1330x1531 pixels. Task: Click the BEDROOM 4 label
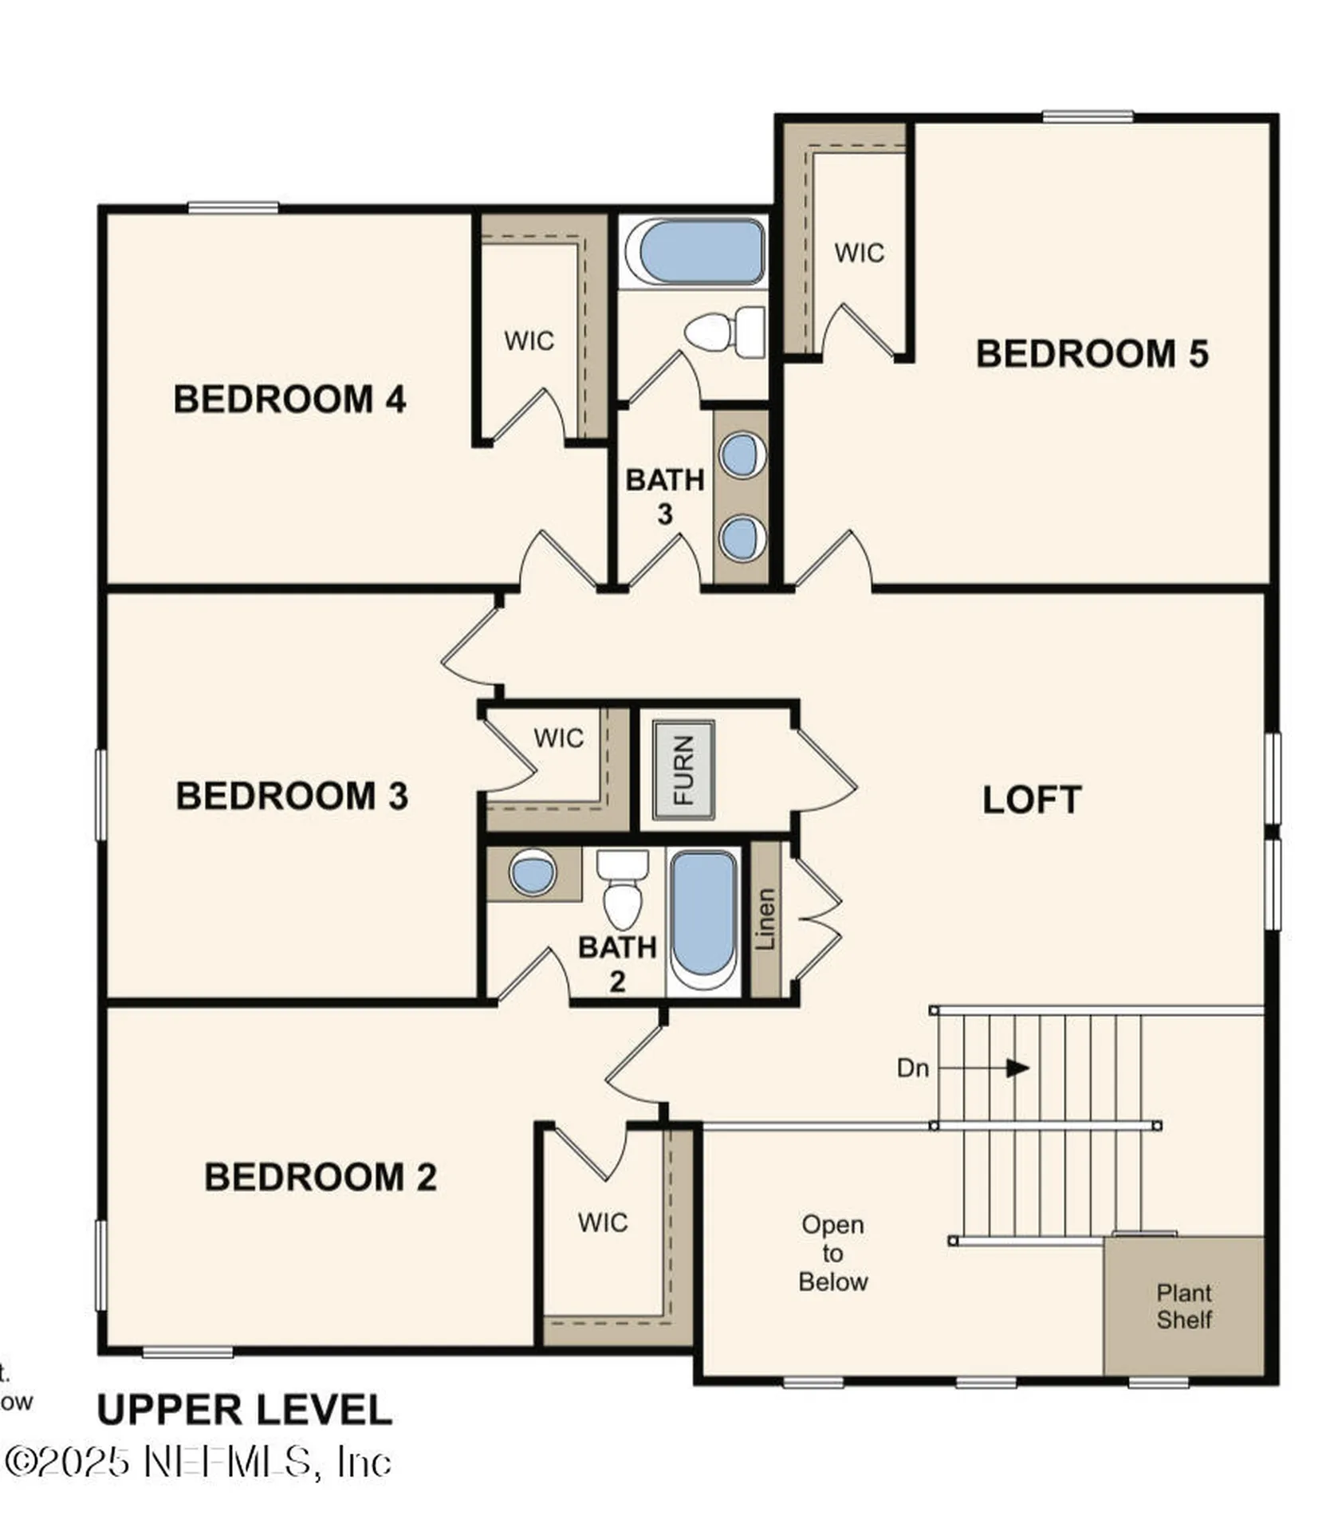[289, 399]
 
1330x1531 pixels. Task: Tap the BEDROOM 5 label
[1091, 353]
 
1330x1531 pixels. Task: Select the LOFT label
[1031, 800]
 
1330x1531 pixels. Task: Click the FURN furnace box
[683, 769]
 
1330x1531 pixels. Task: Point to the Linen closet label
[765, 919]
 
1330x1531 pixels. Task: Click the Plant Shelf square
[1183, 1305]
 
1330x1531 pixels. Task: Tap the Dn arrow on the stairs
[1016, 1068]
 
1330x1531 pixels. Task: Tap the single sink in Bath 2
[532, 872]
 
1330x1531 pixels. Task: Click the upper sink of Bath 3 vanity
[742, 455]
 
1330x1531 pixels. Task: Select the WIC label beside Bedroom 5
[859, 253]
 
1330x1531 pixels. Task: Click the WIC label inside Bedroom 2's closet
[602, 1222]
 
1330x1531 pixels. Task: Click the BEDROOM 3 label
[291, 796]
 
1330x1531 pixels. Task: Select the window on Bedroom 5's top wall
[1088, 117]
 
